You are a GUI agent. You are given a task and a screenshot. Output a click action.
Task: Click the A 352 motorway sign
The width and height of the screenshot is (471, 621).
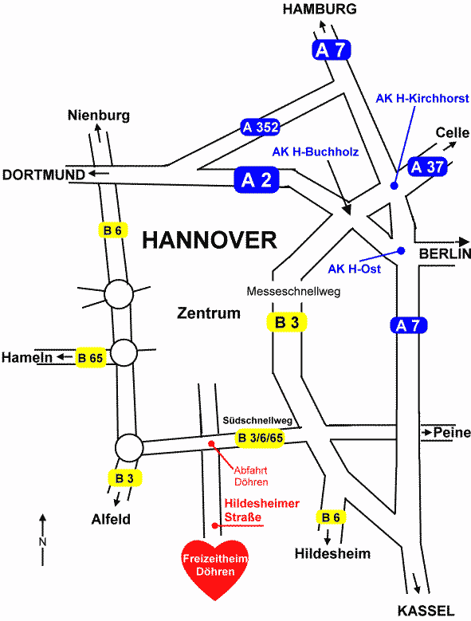[x=260, y=127]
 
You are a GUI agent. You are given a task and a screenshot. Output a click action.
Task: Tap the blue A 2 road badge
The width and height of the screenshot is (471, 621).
[x=257, y=180]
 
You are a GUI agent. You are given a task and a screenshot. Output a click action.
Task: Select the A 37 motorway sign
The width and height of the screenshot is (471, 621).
[x=427, y=167]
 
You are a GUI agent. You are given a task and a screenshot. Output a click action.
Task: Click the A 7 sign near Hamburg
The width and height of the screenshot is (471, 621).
[x=332, y=50]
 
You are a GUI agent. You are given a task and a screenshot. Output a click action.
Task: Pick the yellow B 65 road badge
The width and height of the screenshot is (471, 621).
[x=91, y=358]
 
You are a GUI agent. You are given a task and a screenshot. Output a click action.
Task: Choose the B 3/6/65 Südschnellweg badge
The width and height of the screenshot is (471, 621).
[x=261, y=438]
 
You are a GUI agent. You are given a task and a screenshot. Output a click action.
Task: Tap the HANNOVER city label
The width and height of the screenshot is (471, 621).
[x=210, y=240]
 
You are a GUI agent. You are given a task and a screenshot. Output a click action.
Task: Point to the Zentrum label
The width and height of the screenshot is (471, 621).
[x=209, y=312]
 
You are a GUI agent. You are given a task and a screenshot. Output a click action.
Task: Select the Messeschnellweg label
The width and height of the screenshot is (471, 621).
[x=293, y=292]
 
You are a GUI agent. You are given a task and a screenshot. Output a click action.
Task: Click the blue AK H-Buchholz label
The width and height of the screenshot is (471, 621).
[x=316, y=151]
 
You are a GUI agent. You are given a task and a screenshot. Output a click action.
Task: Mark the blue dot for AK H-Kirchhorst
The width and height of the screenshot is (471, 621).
[x=394, y=186]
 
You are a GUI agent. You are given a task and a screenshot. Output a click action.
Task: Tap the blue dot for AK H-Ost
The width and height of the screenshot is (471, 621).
[x=401, y=250]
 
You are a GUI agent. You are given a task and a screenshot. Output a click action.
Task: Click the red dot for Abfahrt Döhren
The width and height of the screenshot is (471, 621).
[x=211, y=443]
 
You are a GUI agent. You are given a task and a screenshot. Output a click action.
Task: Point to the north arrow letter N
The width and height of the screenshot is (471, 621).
[x=42, y=542]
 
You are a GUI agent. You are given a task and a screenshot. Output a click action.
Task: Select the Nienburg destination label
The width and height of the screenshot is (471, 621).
[x=99, y=116]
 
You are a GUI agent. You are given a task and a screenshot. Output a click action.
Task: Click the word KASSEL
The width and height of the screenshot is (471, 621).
[x=426, y=611]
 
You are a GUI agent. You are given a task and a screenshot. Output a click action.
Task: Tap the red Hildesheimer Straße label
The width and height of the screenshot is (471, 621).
[x=262, y=510]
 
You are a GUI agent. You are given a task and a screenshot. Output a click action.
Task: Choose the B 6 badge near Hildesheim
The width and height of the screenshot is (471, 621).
[x=331, y=517]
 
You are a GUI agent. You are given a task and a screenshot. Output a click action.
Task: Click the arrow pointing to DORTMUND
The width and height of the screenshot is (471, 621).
[x=99, y=173]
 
